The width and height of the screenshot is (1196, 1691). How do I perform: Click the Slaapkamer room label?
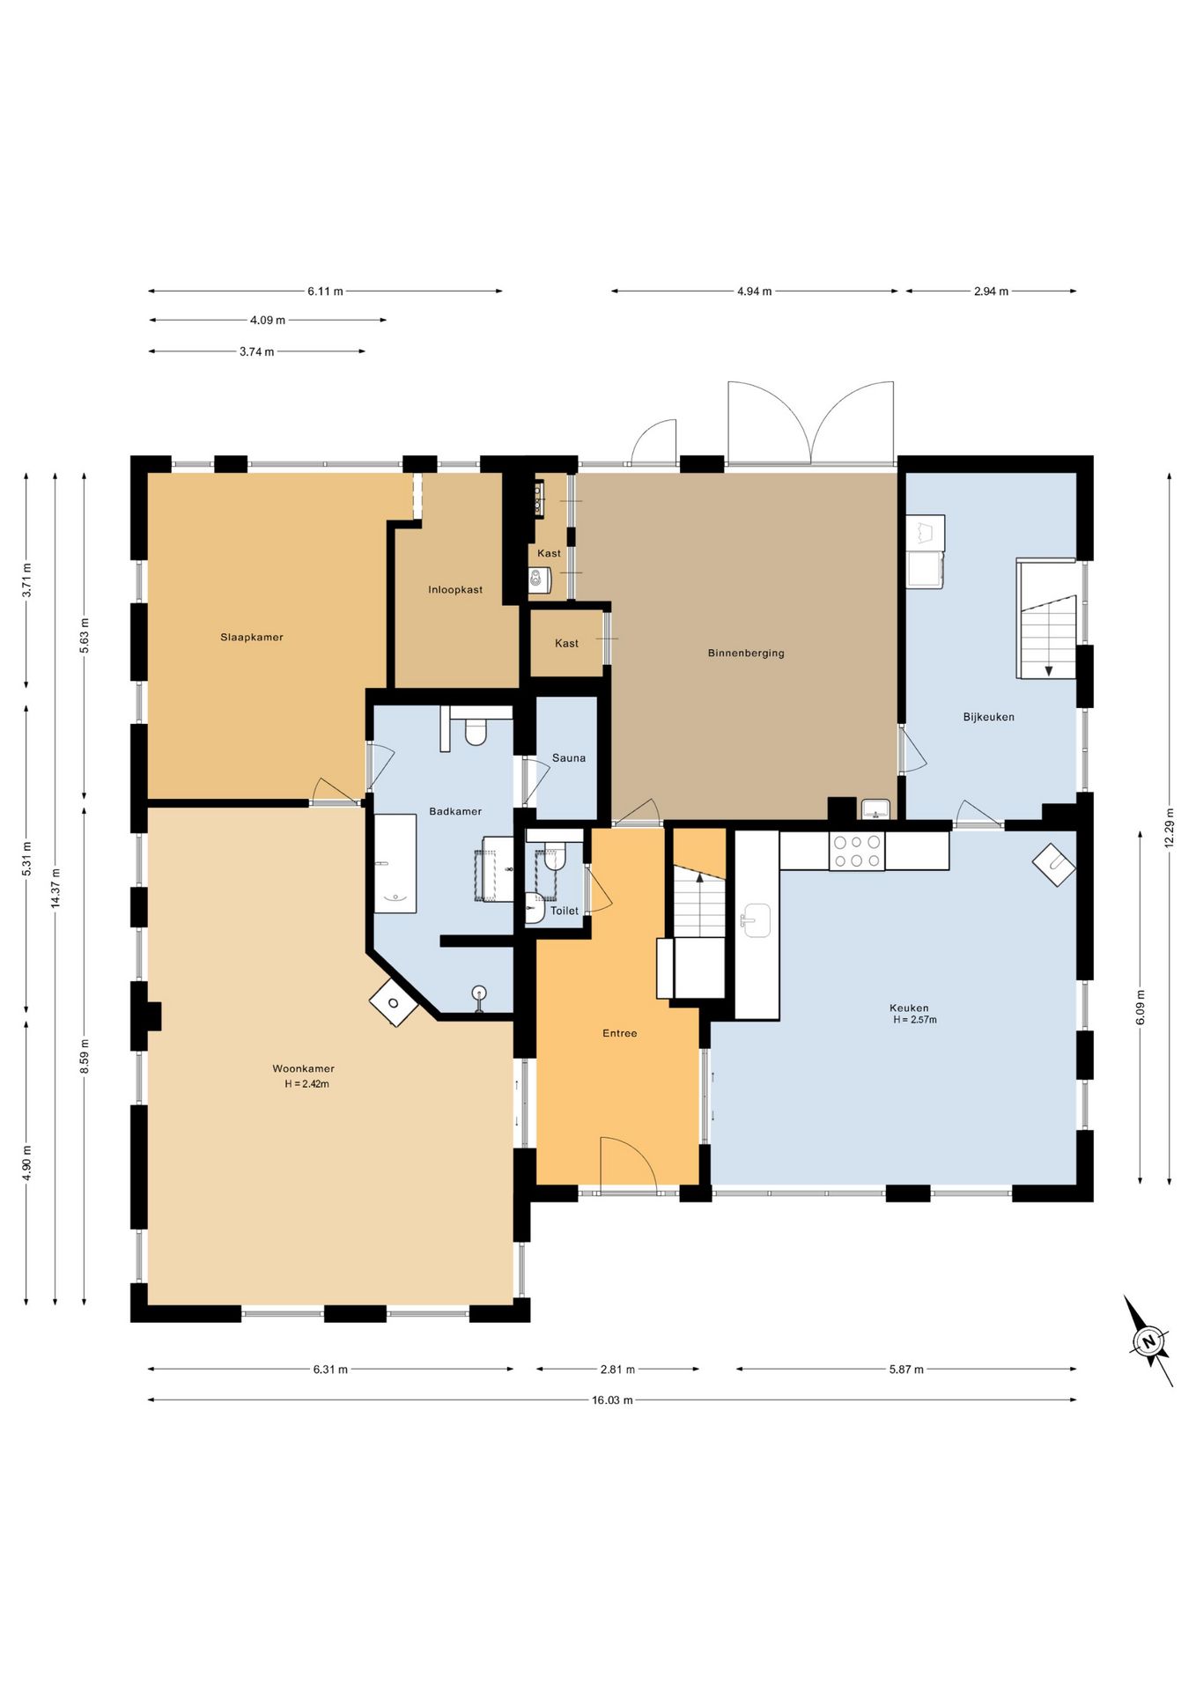(252, 637)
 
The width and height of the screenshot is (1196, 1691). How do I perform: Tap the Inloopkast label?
(455, 589)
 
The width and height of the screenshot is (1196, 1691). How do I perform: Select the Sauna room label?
(569, 757)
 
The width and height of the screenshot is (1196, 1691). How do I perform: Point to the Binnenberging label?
(746, 653)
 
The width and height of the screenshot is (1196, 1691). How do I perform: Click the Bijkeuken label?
(989, 717)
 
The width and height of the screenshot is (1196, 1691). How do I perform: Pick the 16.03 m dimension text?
(612, 1399)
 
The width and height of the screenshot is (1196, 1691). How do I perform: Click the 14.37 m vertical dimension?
(55, 888)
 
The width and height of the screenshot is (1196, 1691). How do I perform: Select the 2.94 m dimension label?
(991, 291)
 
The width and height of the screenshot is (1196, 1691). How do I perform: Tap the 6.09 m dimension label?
(1141, 1006)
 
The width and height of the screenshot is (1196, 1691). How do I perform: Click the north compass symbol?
(1148, 1341)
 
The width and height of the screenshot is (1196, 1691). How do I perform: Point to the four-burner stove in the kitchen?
(856, 851)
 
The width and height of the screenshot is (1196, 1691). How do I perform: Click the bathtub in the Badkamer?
(395, 863)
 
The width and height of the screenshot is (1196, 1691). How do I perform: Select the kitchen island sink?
(755, 920)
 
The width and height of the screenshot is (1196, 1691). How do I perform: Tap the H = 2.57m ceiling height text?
(915, 1020)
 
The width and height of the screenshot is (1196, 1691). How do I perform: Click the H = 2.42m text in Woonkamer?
(306, 1084)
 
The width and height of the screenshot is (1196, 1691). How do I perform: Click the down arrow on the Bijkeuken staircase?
(1049, 670)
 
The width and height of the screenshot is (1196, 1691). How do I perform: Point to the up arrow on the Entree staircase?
(700, 876)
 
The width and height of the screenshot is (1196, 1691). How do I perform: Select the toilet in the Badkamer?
(476, 731)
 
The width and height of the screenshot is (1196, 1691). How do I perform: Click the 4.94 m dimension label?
(755, 291)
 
